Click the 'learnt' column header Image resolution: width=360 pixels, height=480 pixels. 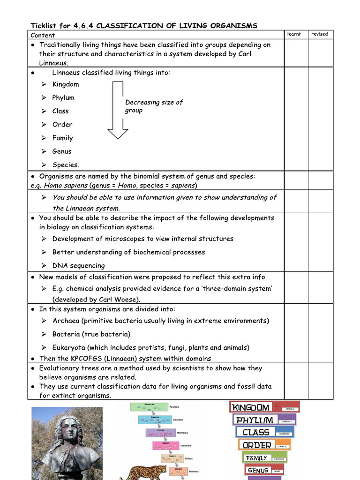click(294, 34)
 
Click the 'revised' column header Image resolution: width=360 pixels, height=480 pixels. click(320, 34)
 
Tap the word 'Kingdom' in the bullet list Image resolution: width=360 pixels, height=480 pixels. click(66, 84)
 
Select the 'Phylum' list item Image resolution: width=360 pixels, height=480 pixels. click(63, 98)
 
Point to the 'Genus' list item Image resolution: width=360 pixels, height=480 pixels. click(62, 151)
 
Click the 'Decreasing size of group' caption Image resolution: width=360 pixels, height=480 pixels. click(153, 106)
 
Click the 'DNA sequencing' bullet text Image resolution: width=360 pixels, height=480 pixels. click(78, 266)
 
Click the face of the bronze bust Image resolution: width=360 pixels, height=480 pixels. click(69, 430)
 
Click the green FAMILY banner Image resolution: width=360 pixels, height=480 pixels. click(256, 458)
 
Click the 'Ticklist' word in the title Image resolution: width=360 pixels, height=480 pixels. click(45, 26)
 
